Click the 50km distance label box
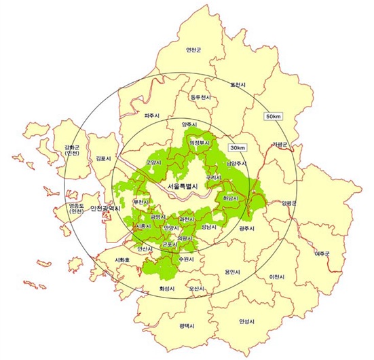pos(273,116)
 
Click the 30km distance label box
pos(238,147)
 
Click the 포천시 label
pos(238,85)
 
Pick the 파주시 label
pos(151,116)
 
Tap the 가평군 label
pos(280,144)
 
